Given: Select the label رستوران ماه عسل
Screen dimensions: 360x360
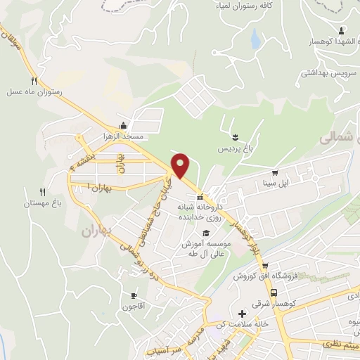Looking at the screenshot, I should (35, 91).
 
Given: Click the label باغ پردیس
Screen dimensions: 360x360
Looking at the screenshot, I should (231, 150).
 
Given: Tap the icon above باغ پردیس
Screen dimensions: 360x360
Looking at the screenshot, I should (235, 135).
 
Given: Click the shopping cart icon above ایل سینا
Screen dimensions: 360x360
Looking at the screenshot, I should (275, 172).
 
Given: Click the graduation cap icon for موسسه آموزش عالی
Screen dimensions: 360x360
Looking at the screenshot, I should (205, 233).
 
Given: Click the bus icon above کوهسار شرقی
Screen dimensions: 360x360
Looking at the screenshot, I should (274, 293).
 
